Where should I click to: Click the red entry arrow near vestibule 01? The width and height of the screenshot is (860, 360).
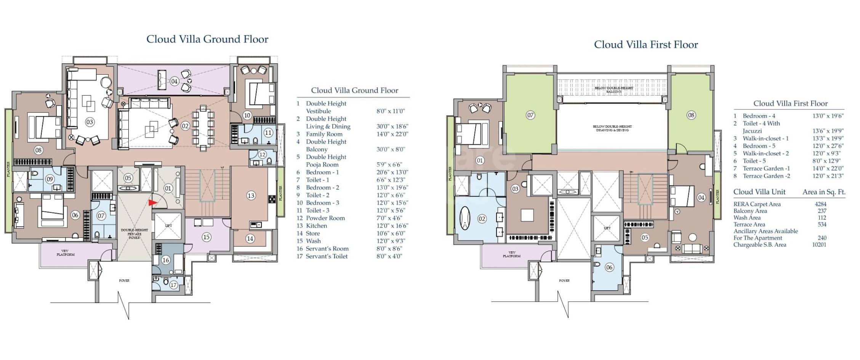152,203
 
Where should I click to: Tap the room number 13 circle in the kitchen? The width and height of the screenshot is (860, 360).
250,195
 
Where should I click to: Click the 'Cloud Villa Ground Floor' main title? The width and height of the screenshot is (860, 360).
207,39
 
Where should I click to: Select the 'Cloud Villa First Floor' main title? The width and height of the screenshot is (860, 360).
646,45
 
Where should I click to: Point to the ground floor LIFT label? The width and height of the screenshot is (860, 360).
168,226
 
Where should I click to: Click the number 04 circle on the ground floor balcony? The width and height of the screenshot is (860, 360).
174,81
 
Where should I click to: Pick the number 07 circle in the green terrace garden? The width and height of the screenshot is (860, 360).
530,115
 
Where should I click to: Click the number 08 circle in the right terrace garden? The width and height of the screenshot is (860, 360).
691,115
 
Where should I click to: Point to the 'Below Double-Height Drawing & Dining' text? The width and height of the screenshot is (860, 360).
612,128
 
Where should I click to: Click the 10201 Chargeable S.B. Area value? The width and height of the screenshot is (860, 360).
819,245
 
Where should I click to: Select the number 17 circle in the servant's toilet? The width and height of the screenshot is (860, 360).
173,285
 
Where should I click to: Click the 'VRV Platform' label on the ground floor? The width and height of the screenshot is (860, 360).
66,253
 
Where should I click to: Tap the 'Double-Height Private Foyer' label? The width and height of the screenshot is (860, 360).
135,234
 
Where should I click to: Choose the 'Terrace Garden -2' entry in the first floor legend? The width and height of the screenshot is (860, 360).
766,176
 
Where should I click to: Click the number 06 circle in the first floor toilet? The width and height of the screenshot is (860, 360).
609,267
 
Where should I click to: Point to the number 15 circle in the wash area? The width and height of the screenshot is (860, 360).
206,237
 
